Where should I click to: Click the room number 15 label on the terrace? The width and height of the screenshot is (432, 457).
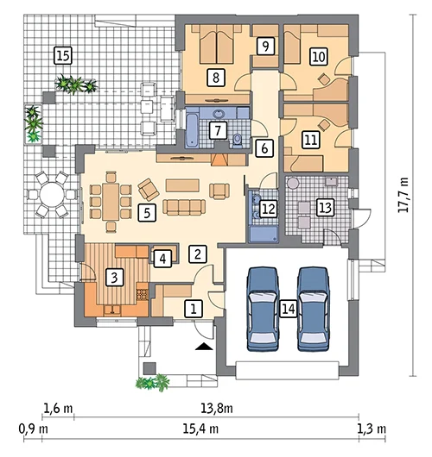coord(63,56)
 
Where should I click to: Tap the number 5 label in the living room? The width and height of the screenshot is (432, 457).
coord(147,212)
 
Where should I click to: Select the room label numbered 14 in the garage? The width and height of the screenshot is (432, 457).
coord(289,309)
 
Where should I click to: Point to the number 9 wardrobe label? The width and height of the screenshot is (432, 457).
coord(265,46)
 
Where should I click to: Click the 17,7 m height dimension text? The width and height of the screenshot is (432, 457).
coord(403,195)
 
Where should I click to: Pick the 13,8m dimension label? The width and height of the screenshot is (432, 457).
coord(217,408)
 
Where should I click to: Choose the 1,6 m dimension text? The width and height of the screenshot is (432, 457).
coord(58,408)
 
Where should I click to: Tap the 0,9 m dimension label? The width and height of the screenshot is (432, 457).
coord(34,429)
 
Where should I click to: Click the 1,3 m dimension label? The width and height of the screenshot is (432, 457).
coord(372,429)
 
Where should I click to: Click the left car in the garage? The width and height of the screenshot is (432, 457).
coord(263,310)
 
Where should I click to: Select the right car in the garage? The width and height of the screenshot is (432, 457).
coord(313,310)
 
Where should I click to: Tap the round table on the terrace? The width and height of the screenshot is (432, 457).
coord(52,194)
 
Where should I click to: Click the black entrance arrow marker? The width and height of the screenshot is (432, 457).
coord(204,346)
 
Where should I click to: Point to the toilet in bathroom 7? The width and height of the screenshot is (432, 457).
coord(238,141)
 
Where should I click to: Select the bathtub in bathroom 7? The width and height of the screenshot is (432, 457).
coord(192,130)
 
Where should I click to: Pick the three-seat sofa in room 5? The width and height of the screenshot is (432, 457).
coord(184,207)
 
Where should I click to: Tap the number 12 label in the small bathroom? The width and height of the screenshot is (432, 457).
coord(269,209)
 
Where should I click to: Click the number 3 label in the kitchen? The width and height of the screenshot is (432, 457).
coord(114,277)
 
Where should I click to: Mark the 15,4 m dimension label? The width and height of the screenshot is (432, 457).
coord(200,429)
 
